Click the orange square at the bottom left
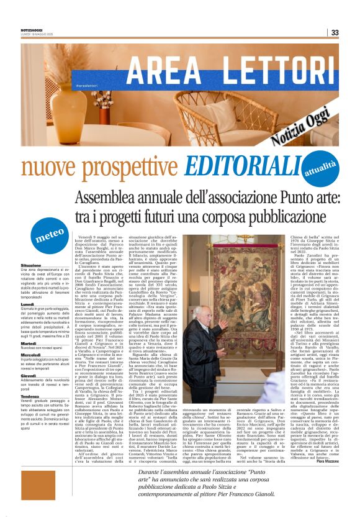click(x=38, y=484)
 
